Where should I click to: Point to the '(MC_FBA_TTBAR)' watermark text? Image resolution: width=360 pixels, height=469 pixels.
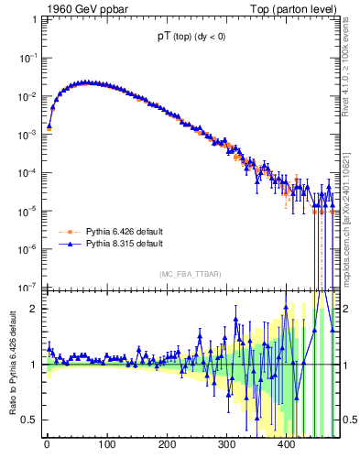(189, 274)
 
